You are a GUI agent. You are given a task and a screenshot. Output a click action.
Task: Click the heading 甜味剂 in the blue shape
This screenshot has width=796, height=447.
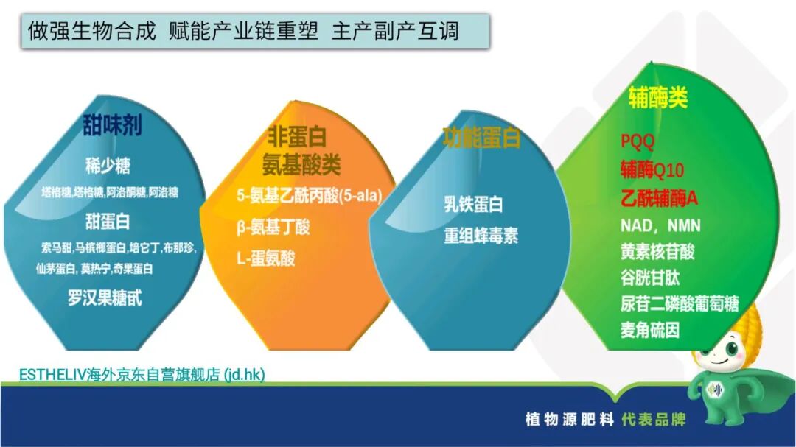pos(112,126)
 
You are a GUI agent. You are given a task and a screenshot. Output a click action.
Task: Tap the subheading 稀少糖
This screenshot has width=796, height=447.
pos(108,166)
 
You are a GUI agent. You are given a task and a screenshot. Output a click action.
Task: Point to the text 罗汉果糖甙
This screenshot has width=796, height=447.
pos(105,298)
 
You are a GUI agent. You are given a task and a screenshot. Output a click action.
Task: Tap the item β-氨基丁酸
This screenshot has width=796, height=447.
pos(273,228)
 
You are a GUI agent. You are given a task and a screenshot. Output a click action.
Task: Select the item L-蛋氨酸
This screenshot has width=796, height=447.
pos(265,258)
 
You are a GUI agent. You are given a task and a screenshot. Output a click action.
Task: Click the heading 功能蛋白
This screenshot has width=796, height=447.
pos(481,138)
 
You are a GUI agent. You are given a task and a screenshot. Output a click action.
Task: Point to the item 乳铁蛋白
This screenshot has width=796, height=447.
pos(473,204)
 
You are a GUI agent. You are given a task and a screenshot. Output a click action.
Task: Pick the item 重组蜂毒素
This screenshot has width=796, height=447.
pos(481,236)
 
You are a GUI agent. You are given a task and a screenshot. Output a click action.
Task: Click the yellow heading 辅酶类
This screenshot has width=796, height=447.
pos(657,98)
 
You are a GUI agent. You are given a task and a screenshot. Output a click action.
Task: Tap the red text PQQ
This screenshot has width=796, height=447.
pos(638,142)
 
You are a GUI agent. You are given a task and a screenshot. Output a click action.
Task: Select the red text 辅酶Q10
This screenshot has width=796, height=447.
pos(652,171)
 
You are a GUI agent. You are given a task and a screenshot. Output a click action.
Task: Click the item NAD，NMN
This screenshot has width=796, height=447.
pos(660,225)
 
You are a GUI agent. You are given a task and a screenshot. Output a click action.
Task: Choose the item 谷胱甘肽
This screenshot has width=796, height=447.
pos(649,278)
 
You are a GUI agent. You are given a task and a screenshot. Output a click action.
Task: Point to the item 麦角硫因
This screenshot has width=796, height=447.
pos(649,330)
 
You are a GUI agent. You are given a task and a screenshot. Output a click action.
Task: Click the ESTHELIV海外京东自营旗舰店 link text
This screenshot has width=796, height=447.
pos(142,374)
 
